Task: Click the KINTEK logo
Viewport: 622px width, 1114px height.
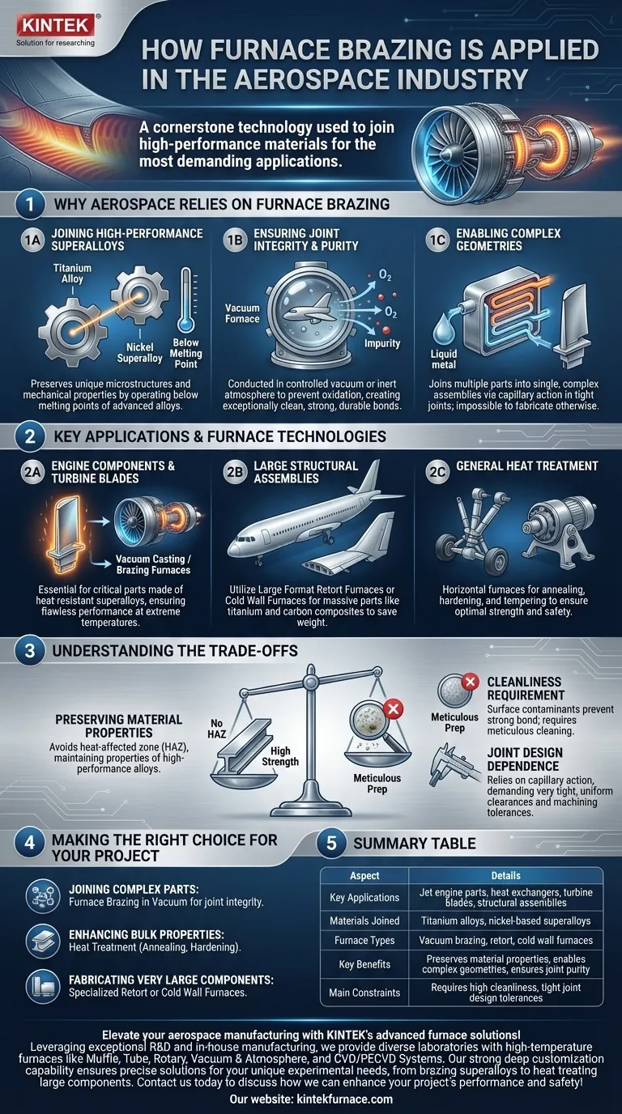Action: (x=56, y=25)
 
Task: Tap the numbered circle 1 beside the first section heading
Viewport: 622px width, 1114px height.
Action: (x=29, y=204)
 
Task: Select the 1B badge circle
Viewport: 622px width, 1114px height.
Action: (x=235, y=240)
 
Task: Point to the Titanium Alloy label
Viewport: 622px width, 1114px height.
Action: (x=72, y=274)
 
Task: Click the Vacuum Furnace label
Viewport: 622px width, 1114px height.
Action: (x=242, y=313)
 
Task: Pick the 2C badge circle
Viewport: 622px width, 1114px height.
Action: (x=437, y=472)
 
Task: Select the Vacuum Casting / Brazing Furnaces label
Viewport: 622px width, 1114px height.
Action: (x=153, y=564)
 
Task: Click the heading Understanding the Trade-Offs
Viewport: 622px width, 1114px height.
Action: (x=175, y=651)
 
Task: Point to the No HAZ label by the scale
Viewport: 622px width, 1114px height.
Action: (x=216, y=728)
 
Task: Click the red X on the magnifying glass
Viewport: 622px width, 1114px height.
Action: (x=393, y=708)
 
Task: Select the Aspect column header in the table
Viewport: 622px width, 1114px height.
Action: (x=364, y=876)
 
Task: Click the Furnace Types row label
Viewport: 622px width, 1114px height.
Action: (x=364, y=941)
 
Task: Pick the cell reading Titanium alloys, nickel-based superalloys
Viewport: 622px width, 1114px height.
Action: (x=505, y=921)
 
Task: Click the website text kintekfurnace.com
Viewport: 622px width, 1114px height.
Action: (x=344, y=1099)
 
